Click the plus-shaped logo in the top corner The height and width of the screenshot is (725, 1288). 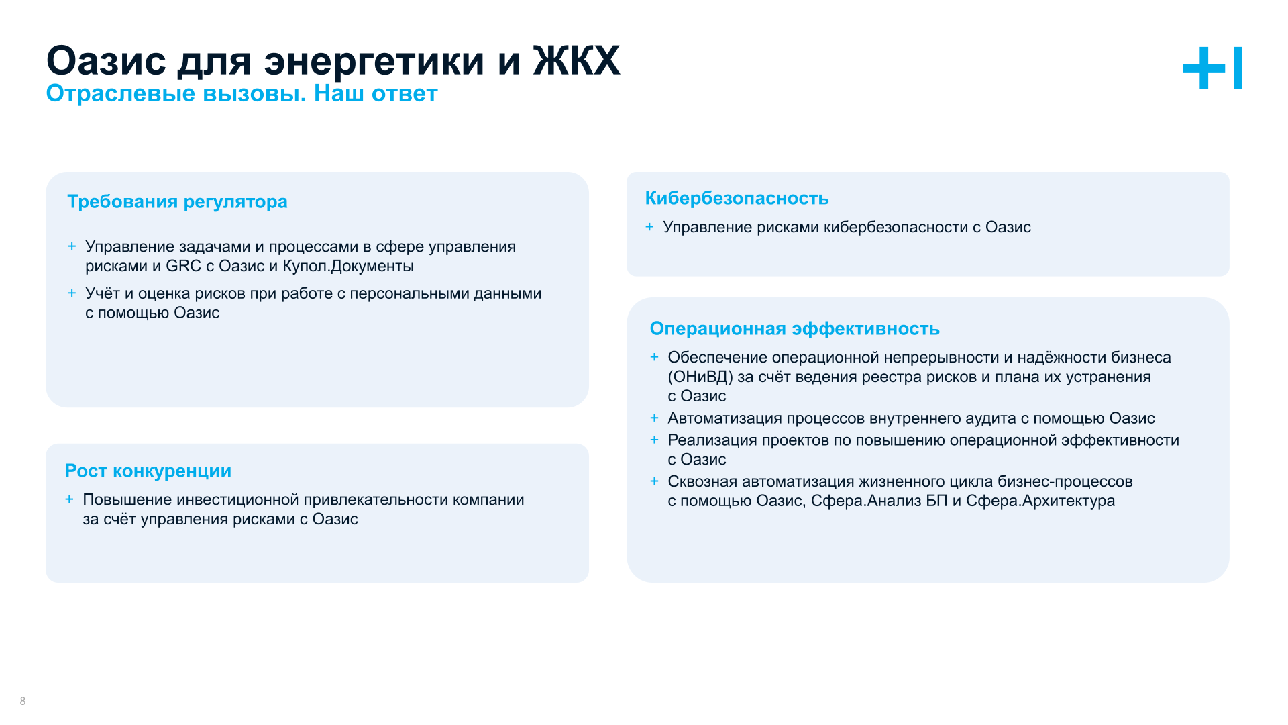[x=1212, y=68]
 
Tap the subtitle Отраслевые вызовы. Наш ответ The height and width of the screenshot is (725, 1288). [x=241, y=93]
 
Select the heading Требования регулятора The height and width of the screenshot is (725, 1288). [x=177, y=201]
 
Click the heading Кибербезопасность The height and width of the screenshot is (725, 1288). [x=737, y=198]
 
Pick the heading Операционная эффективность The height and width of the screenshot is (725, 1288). [x=794, y=328]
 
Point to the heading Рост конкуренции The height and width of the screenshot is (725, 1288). [x=148, y=471]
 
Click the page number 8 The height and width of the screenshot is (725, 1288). [x=23, y=701]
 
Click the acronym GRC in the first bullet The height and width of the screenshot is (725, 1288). [x=183, y=266]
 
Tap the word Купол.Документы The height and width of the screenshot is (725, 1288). [x=347, y=266]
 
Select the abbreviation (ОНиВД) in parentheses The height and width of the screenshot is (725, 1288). [x=700, y=377]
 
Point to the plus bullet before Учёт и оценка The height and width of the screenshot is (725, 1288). [x=72, y=293]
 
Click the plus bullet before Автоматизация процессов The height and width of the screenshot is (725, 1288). [x=654, y=418]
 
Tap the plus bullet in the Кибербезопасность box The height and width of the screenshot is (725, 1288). [x=649, y=227]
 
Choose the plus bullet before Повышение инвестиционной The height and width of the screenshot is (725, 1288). [x=69, y=499]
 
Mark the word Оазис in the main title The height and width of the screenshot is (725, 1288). [x=106, y=61]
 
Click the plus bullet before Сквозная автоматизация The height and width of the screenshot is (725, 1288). [x=654, y=481]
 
